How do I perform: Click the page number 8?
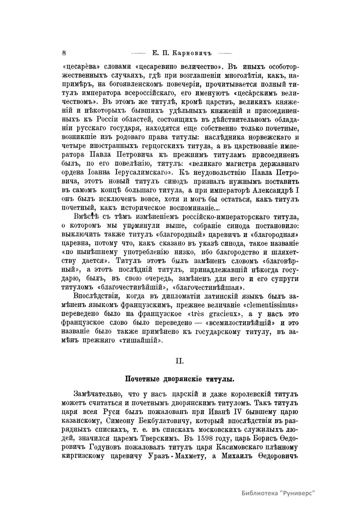click(x=64, y=53)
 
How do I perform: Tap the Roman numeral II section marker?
click(x=180, y=361)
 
